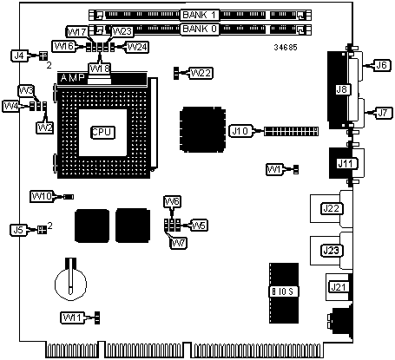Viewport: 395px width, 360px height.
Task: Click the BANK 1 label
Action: coord(200,15)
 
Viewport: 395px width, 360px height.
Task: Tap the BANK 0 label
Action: coord(200,29)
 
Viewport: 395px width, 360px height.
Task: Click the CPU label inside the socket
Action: coord(102,133)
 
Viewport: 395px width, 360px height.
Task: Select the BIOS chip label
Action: coord(284,291)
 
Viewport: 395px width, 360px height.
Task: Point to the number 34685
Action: coord(286,48)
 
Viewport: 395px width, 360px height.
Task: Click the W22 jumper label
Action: coord(201,73)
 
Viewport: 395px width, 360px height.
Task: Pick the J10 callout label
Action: coord(240,131)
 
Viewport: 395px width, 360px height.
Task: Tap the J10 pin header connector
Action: coord(291,132)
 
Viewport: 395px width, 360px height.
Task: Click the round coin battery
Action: coord(71,283)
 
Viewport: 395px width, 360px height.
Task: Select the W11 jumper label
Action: coord(73,317)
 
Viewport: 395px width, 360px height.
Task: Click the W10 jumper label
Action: coord(42,197)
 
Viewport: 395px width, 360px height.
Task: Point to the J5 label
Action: coord(18,230)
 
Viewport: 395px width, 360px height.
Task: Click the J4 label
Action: coord(20,56)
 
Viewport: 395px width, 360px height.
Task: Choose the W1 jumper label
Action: coord(274,169)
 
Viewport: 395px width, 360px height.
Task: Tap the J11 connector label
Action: coord(346,164)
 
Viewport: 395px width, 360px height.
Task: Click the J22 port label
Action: coord(332,208)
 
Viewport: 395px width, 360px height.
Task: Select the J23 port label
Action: coord(332,251)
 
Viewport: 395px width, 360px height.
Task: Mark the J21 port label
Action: coord(338,287)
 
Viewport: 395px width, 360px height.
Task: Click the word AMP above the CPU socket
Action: coord(72,77)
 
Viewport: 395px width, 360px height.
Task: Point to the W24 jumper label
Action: coord(137,47)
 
